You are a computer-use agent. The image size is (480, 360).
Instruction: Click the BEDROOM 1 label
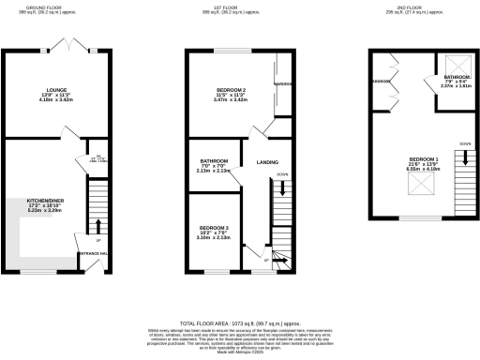click(424, 159)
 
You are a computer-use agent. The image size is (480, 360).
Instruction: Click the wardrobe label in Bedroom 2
click(283, 82)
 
